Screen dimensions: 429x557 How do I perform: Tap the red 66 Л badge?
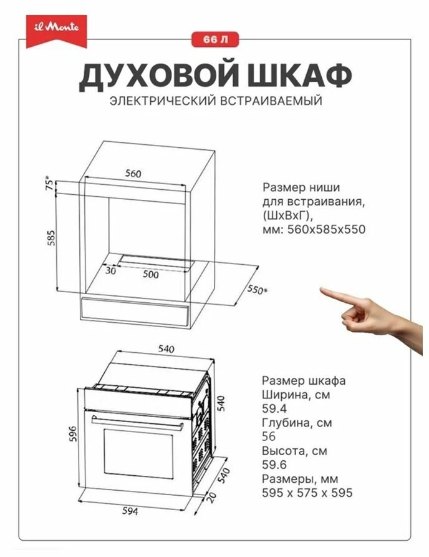point(215,39)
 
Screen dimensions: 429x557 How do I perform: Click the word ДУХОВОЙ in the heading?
point(158,76)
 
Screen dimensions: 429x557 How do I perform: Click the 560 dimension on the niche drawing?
point(133,174)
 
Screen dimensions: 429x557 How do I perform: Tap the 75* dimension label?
point(51,184)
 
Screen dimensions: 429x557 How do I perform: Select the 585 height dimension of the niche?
point(51,238)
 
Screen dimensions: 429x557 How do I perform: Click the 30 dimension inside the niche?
point(111,270)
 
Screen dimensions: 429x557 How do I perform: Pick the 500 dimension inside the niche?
point(151,274)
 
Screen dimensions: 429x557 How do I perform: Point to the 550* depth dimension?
point(257,290)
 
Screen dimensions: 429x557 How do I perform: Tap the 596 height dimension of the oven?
point(72,434)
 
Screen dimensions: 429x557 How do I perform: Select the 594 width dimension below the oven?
point(130,511)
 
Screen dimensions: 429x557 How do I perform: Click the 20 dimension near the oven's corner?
point(211,497)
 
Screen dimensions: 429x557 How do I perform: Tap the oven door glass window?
point(138,453)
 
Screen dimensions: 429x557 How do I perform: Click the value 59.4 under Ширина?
point(274,408)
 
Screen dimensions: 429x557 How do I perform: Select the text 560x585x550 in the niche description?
point(326,229)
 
